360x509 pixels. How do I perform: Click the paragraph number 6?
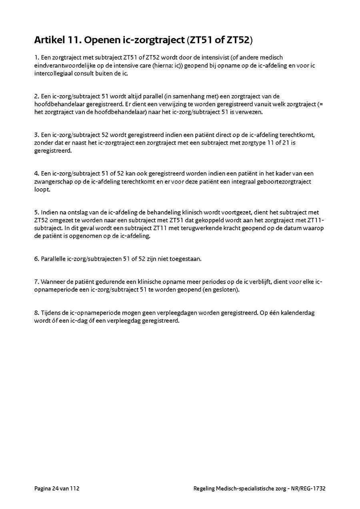pos(36,259)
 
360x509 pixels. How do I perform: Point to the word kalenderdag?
pos(297,313)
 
